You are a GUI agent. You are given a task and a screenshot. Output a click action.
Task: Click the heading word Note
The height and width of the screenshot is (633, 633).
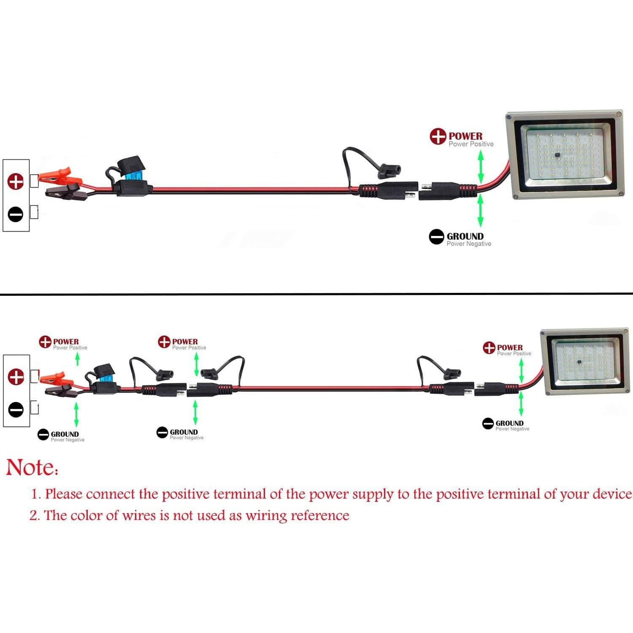coord(32,467)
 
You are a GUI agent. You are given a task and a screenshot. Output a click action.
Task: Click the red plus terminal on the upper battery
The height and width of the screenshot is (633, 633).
coord(16,181)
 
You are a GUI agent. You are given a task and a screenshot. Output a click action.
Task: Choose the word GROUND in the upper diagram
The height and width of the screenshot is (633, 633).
coord(465,236)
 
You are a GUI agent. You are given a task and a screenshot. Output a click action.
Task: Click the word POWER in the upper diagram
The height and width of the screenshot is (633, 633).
coord(465,136)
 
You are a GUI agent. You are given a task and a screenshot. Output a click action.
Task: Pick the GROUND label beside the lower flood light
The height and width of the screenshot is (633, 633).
coord(509,423)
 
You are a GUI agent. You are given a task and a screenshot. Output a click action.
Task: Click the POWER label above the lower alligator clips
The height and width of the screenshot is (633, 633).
coord(66,341)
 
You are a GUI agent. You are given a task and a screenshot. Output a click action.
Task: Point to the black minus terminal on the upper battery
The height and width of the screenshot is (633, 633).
coord(16,215)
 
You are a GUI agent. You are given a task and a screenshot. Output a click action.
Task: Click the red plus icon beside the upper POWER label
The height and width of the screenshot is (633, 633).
coord(438,136)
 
